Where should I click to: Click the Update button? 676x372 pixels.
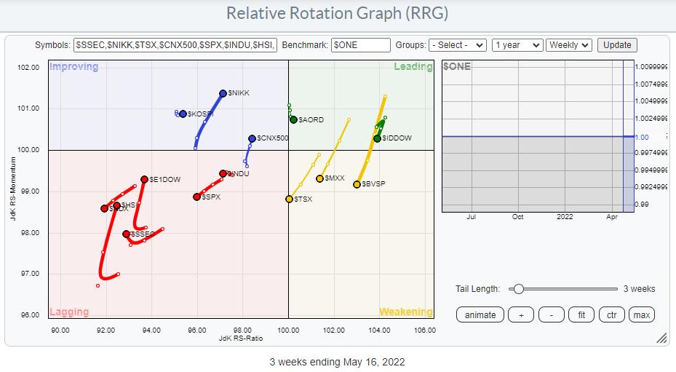point(617,45)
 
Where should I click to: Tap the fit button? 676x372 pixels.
point(581,314)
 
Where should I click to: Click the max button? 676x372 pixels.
point(641,314)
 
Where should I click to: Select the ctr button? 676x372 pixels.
point(611,314)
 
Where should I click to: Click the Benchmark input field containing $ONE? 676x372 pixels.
point(361,45)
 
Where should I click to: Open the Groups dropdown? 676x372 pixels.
point(457,45)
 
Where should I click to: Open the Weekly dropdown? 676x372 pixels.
point(569,45)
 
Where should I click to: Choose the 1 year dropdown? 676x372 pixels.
point(517,45)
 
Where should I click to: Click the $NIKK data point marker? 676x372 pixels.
point(223,93)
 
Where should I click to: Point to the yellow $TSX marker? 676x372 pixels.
point(289,199)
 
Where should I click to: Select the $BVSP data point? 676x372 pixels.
point(357,184)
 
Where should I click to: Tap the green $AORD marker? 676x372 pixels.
point(293,119)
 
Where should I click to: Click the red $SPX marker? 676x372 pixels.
point(196,197)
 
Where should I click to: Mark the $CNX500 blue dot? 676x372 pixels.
point(252,138)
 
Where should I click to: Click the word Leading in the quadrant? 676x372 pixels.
point(413,67)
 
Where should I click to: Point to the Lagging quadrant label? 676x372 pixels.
point(69,312)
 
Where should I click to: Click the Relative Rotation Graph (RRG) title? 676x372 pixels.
point(338,13)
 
